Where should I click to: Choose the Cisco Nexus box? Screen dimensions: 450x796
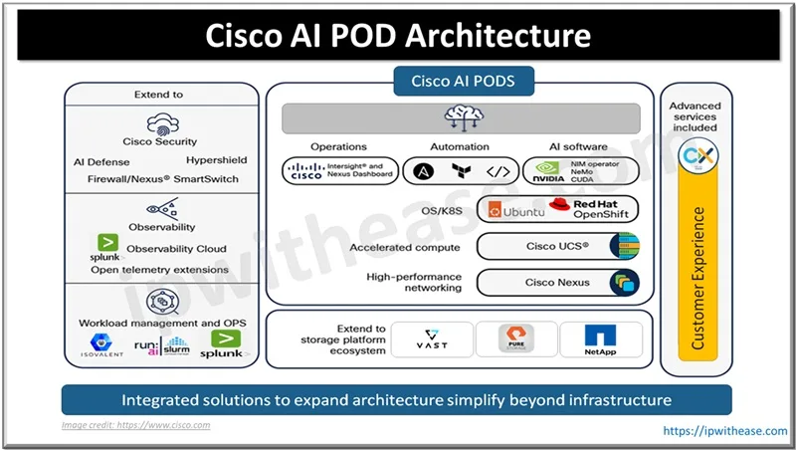click(557, 283)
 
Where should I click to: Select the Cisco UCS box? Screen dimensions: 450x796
click(557, 246)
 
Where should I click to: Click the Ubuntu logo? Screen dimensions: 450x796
click(515, 210)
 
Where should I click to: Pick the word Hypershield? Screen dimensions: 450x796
click(216, 160)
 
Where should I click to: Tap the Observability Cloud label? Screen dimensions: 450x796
click(176, 249)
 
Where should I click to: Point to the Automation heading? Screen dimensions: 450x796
click(459, 146)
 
